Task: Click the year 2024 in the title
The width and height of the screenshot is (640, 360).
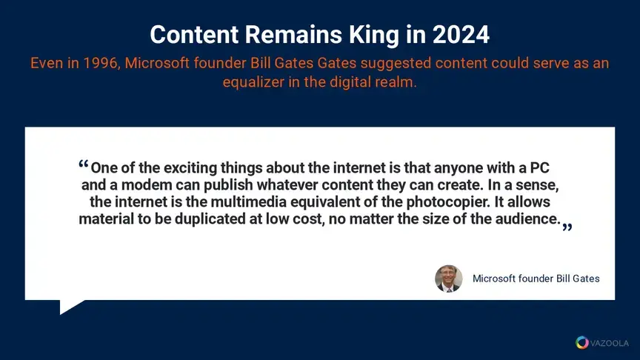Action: [x=461, y=35]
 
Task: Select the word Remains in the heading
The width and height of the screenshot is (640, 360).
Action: [x=293, y=35]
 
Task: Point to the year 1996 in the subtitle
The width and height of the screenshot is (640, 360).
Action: [x=101, y=63]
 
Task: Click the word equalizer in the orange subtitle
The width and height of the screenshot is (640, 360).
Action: [x=253, y=82]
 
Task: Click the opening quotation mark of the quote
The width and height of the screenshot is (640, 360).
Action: [x=84, y=164]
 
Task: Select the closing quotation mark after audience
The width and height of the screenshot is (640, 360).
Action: [x=567, y=227]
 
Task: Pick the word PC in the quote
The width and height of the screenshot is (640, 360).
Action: [x=539, y=167]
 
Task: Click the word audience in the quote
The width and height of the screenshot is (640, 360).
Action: [x=527, y=219]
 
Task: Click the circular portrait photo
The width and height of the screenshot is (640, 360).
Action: [x=449, y=279]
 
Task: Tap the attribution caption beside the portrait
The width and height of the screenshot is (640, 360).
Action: [x=536, y=279]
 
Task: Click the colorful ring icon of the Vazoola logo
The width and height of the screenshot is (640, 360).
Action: [x=582, y=342]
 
